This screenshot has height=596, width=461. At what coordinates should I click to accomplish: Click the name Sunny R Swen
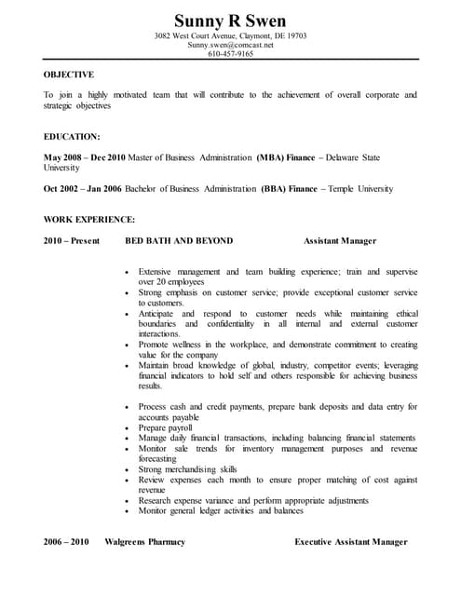230,20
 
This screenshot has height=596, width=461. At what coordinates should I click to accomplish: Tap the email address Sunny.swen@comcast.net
230,45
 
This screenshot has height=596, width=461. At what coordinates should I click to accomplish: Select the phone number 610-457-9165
230,54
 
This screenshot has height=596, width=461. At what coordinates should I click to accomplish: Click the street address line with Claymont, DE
230,36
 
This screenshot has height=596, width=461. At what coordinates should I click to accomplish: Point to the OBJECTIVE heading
69,73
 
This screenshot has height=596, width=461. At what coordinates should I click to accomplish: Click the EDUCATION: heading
72,136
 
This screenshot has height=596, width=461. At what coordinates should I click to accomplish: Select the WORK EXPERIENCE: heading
89,219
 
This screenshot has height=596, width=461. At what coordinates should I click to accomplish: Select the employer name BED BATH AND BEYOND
179,240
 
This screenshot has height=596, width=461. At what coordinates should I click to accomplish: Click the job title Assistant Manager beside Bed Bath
340,240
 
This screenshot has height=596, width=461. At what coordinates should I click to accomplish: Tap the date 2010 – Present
71,240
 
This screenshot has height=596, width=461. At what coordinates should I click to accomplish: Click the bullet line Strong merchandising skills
188,469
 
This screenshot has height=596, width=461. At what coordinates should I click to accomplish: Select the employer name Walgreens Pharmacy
144,541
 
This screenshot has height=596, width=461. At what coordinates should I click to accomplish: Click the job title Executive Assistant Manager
351,541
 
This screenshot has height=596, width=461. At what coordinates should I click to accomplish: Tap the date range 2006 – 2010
65,541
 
